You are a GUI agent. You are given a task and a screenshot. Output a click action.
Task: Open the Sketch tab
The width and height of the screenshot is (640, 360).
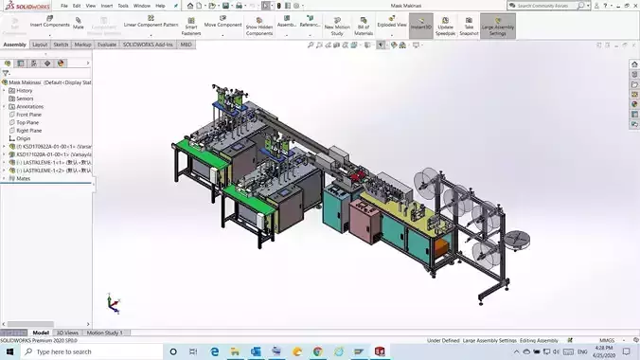point(61,45)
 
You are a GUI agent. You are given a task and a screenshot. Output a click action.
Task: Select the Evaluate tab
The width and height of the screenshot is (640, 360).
point(107,45)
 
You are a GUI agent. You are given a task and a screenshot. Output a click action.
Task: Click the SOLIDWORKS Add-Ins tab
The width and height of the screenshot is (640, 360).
point(148,45)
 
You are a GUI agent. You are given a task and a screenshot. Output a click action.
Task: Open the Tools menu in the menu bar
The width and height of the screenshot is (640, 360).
point(123,6)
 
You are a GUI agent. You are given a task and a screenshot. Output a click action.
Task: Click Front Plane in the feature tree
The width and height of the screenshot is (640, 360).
point(28,115)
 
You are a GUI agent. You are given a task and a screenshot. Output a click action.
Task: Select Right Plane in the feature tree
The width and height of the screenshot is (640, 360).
point(28,131)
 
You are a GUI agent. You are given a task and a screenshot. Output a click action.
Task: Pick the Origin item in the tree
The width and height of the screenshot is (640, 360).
point(24,138)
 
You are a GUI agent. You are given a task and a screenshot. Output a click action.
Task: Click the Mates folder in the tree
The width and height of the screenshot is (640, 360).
point(23,178)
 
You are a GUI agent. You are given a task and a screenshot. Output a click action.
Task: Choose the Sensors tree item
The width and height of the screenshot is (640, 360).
point(25,99)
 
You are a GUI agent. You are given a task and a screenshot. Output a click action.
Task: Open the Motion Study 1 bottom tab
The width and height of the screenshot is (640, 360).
point(105,333)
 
